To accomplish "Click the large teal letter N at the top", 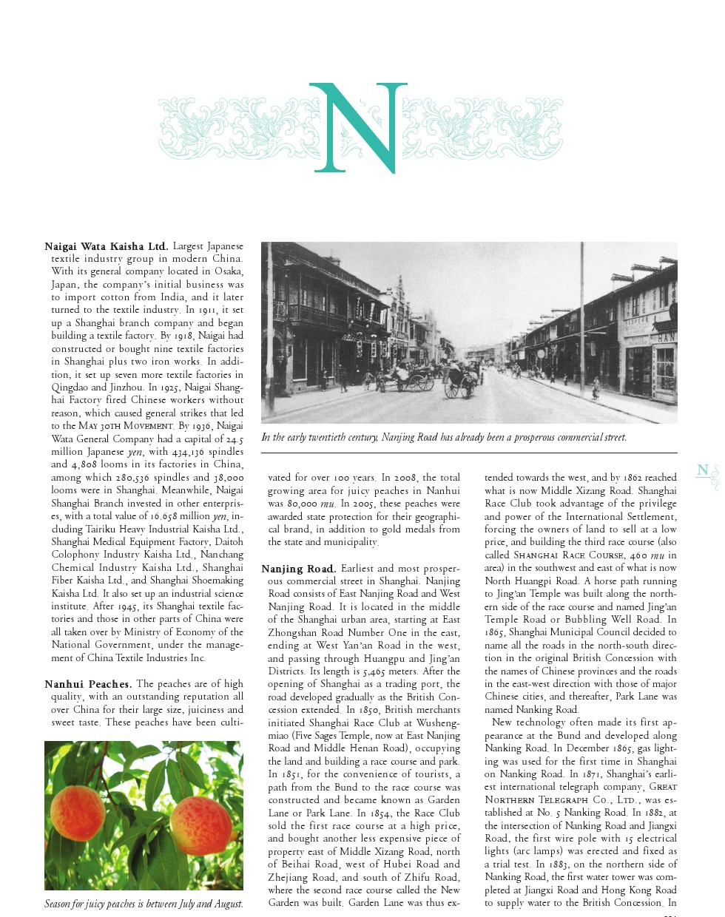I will [x=358, y=127].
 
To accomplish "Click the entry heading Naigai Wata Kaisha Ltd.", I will [x=107, y=246].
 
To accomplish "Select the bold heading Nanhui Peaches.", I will [x=88, y=684].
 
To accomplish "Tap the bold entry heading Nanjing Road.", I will [x=298, y=569].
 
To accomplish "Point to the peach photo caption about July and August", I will [x=144, y=904].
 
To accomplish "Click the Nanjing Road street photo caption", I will [x=444, y=438].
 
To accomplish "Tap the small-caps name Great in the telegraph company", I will [x=662, y=787].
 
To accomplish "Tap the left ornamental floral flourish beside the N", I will [x=229, y=129].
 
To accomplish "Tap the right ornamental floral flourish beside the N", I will [x=488, y=129].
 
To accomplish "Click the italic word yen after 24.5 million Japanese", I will [x=135, y=452].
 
